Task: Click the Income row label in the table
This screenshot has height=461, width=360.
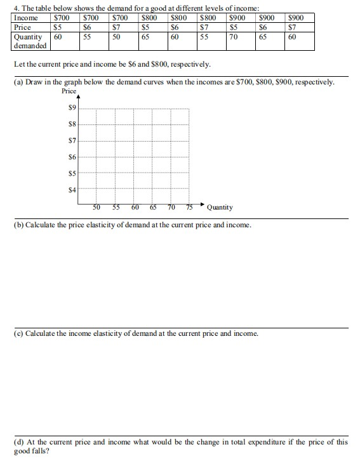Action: (x=25, y=18)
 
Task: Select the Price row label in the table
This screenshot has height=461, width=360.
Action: (x=22, y=27)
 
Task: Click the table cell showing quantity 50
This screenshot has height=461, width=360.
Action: (x=116, y=37)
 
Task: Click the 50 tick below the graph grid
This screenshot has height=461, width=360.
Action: (x=97, y=207)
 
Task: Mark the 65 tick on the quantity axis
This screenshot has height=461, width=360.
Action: (x=153, y=207)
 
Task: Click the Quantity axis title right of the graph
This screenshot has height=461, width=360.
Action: (x=220, y=207)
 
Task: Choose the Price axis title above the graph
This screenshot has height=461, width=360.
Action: (x=69, y=91)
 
